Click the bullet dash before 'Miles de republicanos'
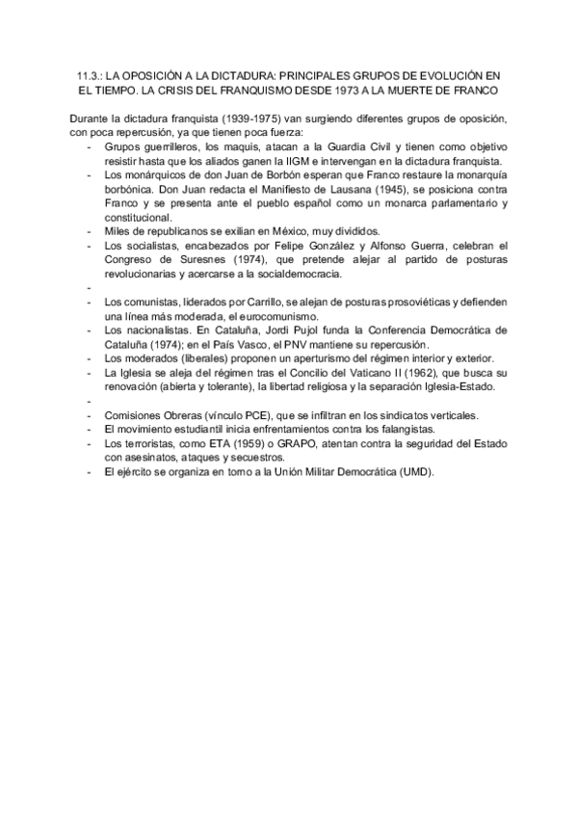(90, 231)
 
